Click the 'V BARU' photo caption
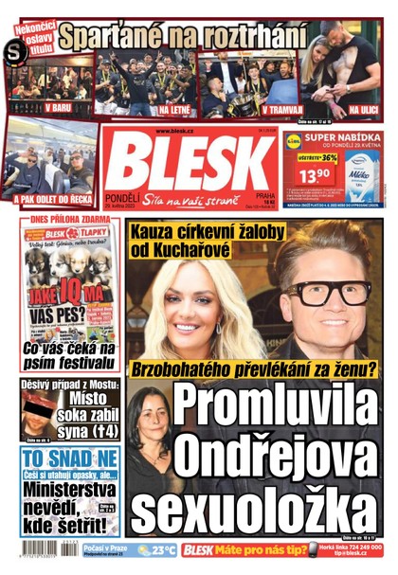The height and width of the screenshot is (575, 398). coord(58,107)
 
